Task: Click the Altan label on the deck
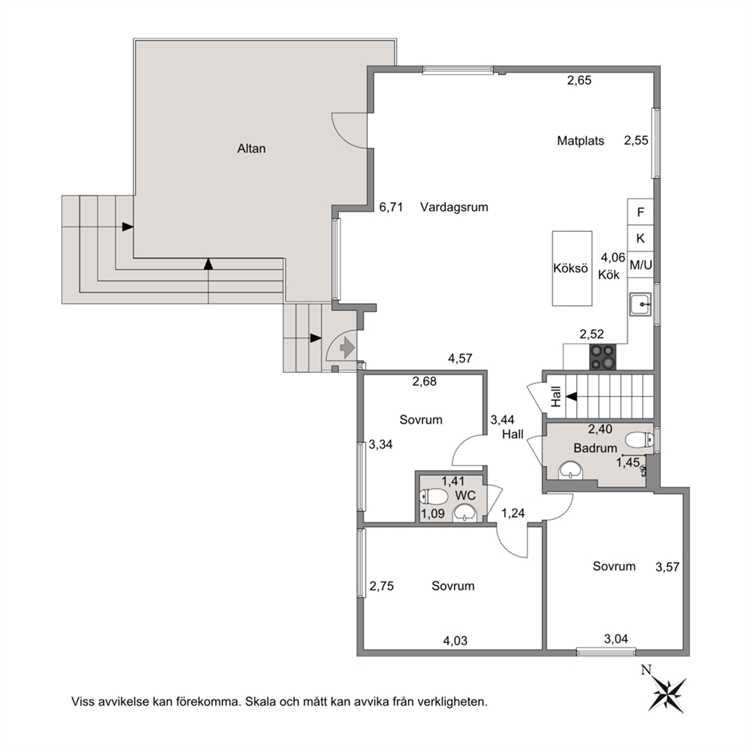point(252,149)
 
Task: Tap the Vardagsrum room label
point(454,207)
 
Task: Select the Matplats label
point(581,141)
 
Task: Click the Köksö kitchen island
point(572,268)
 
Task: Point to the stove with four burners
point(603,357)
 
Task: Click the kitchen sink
point(641,303)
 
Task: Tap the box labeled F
point(641,212)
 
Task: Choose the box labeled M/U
point(641,265)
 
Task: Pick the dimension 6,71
point(391,207)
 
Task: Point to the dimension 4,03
point(455,641)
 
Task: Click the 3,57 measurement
point(668,567)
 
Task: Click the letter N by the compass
point(647,669)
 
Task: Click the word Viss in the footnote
point(83,702)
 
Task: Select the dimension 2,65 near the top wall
point(579,80)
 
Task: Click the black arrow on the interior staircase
point(571,396)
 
